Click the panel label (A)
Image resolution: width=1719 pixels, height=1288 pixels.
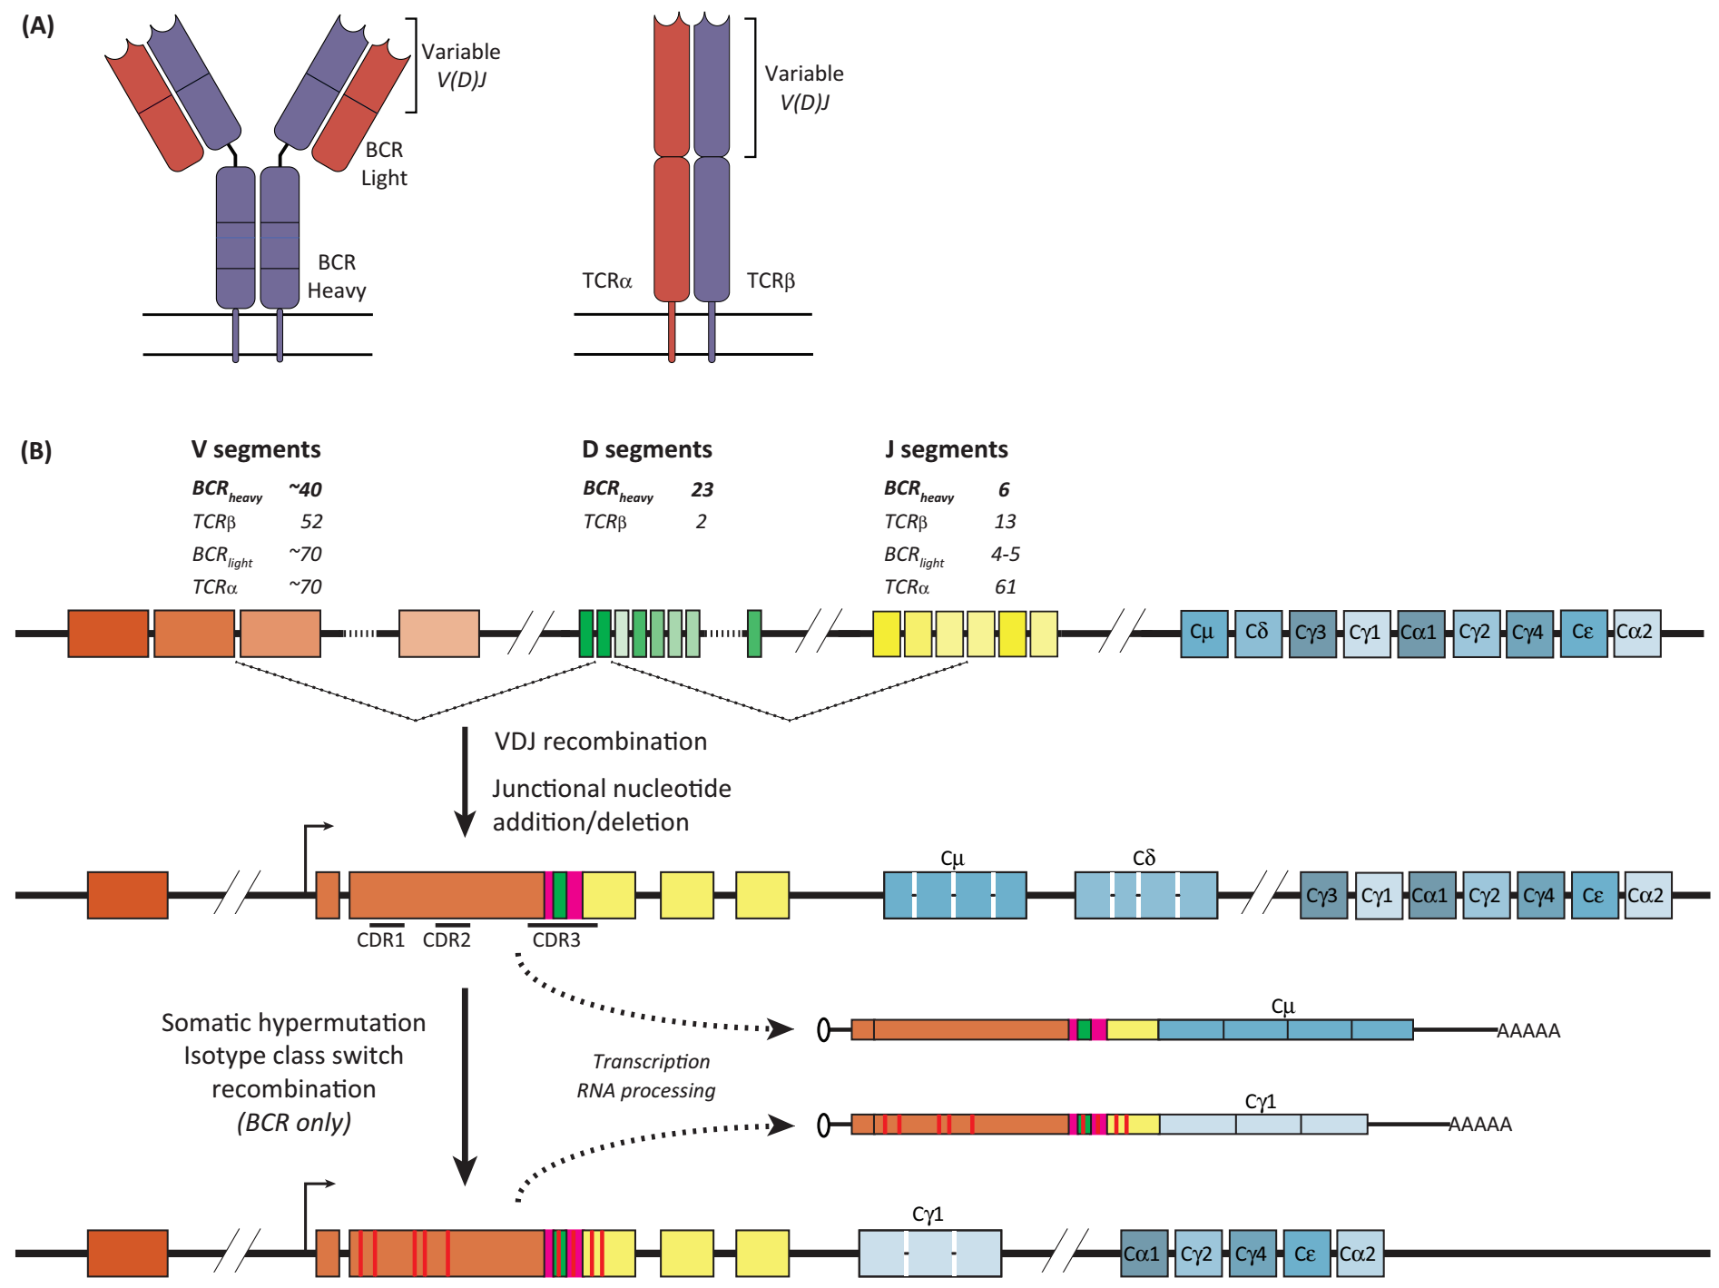(37, 25)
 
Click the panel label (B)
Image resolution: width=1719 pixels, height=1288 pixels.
(36, 450)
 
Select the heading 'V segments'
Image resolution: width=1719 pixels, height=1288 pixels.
(255, 449)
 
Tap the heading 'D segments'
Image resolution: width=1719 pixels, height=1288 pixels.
(646, 449)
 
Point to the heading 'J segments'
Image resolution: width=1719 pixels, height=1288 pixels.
(946, 449)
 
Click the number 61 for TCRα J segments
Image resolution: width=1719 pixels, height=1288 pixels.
(1005, 586)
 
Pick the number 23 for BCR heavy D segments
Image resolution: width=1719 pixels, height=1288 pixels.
(702, 489)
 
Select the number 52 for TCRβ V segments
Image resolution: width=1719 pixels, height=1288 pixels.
(311, 521)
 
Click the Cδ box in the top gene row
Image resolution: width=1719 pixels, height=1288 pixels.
(1258, 634)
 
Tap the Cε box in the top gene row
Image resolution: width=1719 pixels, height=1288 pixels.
(1584, 634)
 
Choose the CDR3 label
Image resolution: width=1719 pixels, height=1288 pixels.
(555, 939)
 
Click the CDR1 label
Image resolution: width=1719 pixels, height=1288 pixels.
(380, 939)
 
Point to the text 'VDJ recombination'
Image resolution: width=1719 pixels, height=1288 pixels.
(600, 742)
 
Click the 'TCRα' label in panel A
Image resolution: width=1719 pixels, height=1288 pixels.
(606, 280)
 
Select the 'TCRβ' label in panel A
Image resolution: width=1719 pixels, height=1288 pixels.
(771, 280)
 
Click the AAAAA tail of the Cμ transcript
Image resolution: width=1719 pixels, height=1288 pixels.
(1528, 1031)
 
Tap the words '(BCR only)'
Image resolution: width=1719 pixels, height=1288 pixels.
(294, 1123)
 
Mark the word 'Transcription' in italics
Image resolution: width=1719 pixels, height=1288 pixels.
(651, 1061)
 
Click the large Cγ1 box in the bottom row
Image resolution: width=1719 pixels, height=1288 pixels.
(930, 1254)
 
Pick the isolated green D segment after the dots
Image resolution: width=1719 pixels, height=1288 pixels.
(754, 634)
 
